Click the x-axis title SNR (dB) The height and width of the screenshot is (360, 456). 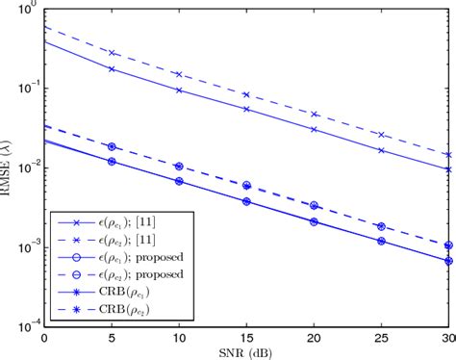(x=246, y=352)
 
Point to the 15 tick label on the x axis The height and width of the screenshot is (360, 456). (x=246, y=339)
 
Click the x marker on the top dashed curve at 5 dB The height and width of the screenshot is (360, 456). (x=112, y=53)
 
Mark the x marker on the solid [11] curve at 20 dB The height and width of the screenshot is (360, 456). (x=314, y=128)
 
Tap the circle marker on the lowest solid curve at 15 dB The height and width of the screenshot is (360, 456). (x=246, y=202)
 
